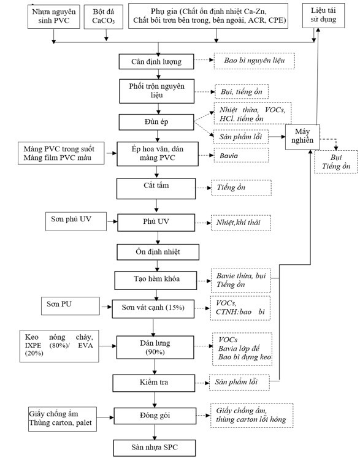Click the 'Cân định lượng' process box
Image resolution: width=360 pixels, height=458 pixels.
tap(156, 61)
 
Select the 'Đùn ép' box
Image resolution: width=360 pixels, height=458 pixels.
tap(156, 122)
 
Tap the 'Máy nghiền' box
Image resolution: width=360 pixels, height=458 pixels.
tap(302, 137)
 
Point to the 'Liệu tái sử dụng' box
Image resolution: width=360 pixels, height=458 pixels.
tap(323, 15)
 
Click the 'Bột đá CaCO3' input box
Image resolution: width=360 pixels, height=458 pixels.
tap(104, 17)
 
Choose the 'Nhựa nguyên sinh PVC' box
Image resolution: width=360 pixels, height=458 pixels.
tap(54, 17)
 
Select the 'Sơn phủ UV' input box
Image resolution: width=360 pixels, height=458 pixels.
tap(76, 222)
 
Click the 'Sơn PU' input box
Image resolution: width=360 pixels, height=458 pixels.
tap(71, 306)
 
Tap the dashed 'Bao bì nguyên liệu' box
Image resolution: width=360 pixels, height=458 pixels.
tap(255, 61)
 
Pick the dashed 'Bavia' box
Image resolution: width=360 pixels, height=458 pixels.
tap(242, 155)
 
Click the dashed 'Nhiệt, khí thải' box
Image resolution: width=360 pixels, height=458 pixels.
tap(241, 223)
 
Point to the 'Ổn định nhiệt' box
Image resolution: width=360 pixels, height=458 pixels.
tap(158, 252)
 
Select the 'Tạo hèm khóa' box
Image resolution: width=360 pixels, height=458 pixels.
tap(156, 280)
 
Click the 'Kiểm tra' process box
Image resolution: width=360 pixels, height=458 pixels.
tap(154, 383)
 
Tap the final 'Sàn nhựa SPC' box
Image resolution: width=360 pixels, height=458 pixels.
tap(155, 448)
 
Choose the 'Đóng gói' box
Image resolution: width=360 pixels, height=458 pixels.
tap(155, 416)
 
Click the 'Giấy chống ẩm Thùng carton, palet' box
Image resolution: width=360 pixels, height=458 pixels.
tap(63, 419)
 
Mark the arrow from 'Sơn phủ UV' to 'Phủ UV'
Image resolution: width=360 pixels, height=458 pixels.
tap(112, 222)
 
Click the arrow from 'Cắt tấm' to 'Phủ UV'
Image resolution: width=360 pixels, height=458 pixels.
tap(156, 205)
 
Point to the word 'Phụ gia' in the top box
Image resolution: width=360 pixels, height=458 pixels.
tap(164, 12)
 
